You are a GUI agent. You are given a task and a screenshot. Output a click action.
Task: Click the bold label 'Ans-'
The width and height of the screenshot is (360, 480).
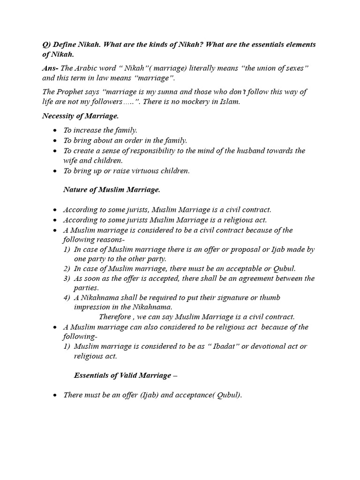pos(50,68)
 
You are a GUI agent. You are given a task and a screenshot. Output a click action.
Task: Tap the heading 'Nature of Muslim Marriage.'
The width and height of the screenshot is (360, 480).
pos(112,190)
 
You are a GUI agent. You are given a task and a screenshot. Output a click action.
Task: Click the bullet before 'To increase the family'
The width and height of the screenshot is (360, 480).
pos(56,131)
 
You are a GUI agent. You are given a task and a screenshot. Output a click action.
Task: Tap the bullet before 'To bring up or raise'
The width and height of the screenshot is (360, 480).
pos(56,171)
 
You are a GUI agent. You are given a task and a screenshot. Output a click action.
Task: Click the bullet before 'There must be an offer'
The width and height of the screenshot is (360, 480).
pos(56,396)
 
